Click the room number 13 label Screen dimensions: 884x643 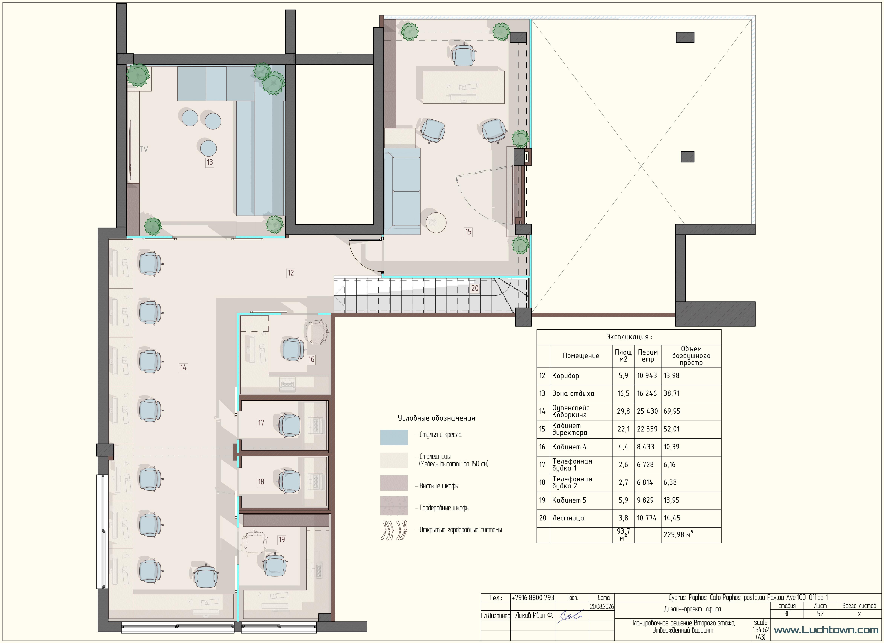[210, 162]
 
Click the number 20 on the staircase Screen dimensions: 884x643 [475, 288]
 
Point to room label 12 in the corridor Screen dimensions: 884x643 [290, 273]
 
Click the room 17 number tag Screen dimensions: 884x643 [261, 423]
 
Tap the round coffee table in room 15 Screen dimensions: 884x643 [436, 222]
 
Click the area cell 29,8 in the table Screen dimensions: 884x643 [623, 411]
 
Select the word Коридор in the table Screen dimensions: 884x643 [566, 376]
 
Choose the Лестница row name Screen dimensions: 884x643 [568, 518]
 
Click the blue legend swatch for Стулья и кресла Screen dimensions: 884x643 [394, 437]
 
